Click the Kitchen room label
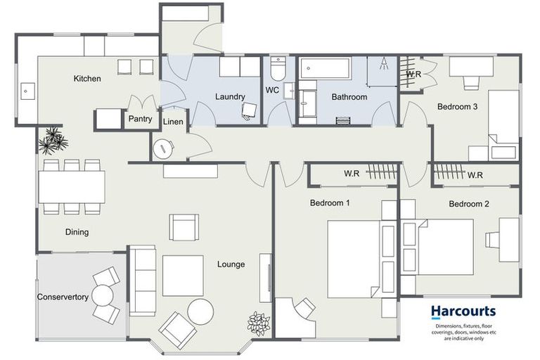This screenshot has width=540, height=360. click(87, 79)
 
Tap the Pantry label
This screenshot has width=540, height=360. click(140, 119)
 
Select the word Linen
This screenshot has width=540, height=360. click(173, 122)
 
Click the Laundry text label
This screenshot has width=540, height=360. click(230, 97)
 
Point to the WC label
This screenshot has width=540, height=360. click(273, 91)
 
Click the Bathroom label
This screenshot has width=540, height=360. click(349, 97)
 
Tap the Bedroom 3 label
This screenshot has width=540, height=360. click(458, 107)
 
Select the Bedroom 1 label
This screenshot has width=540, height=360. click(330, 204)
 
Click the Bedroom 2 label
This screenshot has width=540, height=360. click(469, 205)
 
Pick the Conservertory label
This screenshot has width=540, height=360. click(63, 297)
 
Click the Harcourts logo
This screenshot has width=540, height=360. click(463, 311)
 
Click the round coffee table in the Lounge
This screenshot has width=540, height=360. click(200, 311)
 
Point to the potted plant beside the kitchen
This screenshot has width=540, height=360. click(53, 141)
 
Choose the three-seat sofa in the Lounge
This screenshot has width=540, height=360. click(143, 281)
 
